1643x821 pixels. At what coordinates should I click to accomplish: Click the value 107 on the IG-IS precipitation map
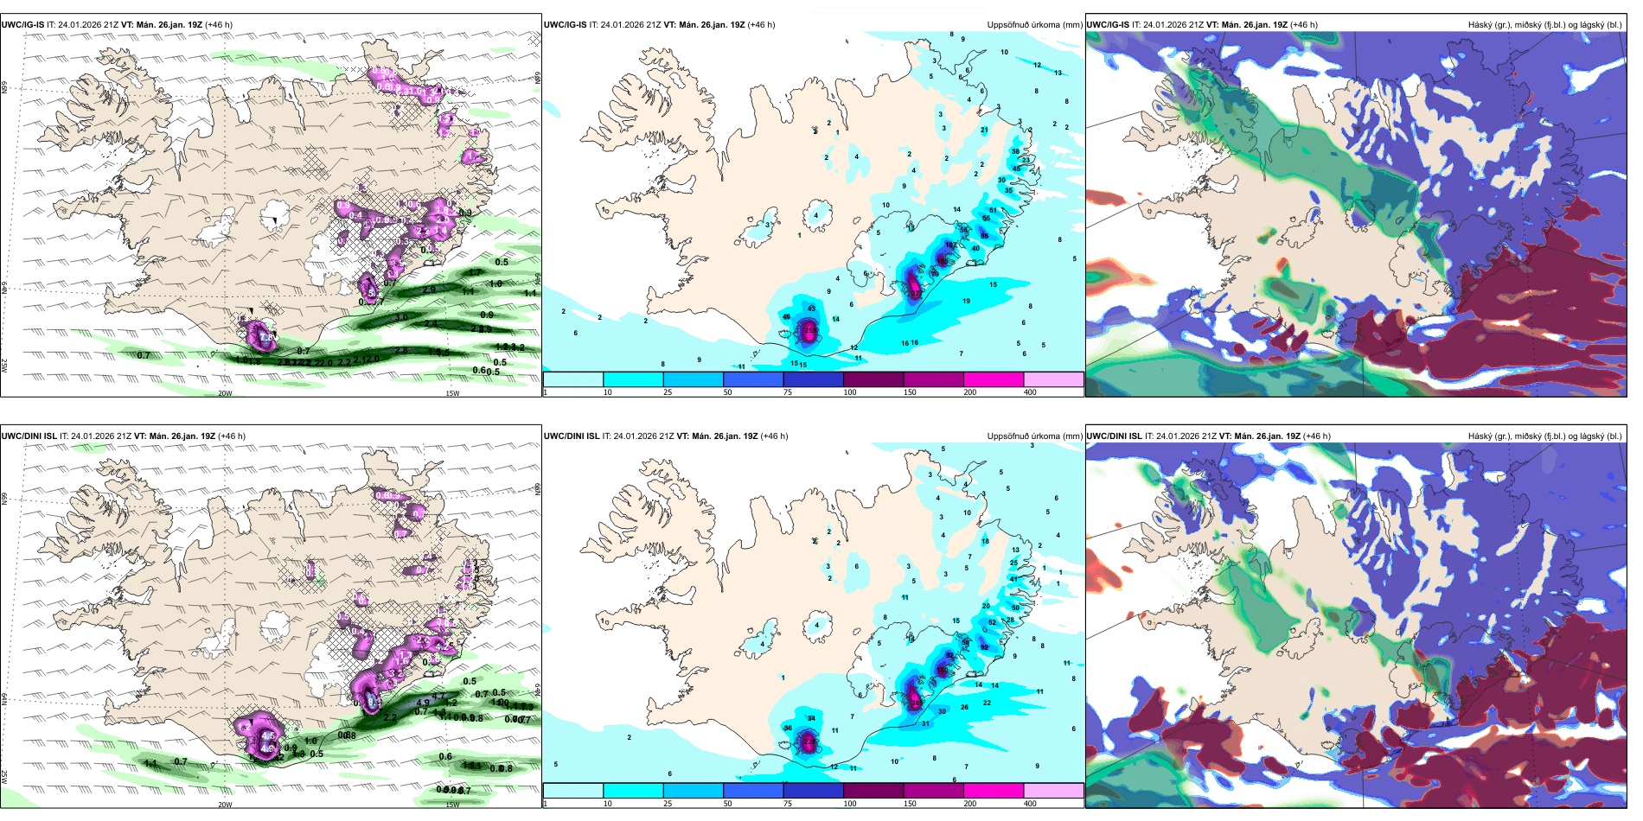click(x=949, y=245)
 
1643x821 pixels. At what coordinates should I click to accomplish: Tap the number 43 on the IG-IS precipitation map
click(x=811, y=309)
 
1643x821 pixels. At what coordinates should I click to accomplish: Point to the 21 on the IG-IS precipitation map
click(x=984, y=130)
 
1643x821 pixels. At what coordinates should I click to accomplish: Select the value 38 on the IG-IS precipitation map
click(x=1015, y=152)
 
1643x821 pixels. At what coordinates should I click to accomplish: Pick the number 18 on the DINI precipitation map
click(x=985, y=542)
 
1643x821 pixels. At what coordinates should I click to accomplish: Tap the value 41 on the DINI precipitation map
click(x=1013, y=580)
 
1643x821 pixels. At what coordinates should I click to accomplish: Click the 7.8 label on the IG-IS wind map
click(x=267, y=336)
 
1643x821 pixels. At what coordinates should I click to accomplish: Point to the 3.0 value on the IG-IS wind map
click(x=401, y=318)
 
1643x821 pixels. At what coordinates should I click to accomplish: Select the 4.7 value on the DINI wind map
click(x=438, y=696)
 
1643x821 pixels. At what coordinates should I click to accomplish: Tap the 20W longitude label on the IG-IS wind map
click(x=225, y=393)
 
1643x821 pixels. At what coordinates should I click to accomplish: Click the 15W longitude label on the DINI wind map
click(x=452, y=805)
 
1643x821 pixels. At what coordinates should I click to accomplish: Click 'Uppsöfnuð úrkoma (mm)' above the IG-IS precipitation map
click(x=1034, y=25)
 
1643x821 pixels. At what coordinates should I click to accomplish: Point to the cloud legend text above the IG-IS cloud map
click(x=1544, y=25)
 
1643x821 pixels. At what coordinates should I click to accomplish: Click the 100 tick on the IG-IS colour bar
click(x=850, y=392)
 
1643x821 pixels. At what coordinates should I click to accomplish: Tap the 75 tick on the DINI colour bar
click(x=788, y=804)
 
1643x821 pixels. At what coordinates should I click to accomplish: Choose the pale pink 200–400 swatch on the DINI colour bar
click(x=1053, y=791)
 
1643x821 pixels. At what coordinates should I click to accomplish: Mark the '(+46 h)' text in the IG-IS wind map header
click(x=219, y=25)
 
